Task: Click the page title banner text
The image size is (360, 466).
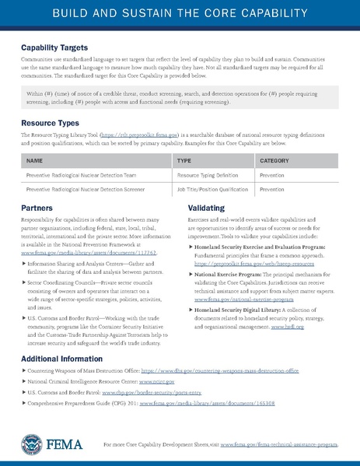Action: pyautogui.click(x=180, y=14)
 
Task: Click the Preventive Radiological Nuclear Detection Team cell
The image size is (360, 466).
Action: pyautogui.click(x=76, y=176)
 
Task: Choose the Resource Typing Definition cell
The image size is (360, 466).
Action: pyautogui.click(x=207, y=176)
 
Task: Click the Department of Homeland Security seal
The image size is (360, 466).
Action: pyautogui.click(x=33, y=444)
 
